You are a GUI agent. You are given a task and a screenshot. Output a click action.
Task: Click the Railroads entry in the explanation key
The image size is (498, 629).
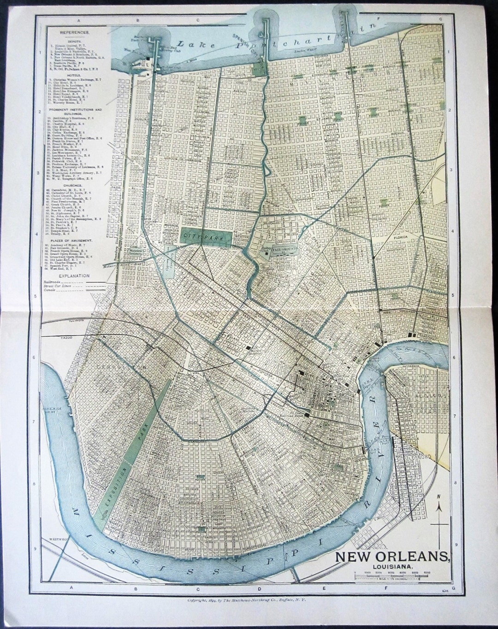click(x=52, y=281)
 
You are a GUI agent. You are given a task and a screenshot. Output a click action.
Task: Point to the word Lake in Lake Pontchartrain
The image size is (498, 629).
click(x=190, y=45)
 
